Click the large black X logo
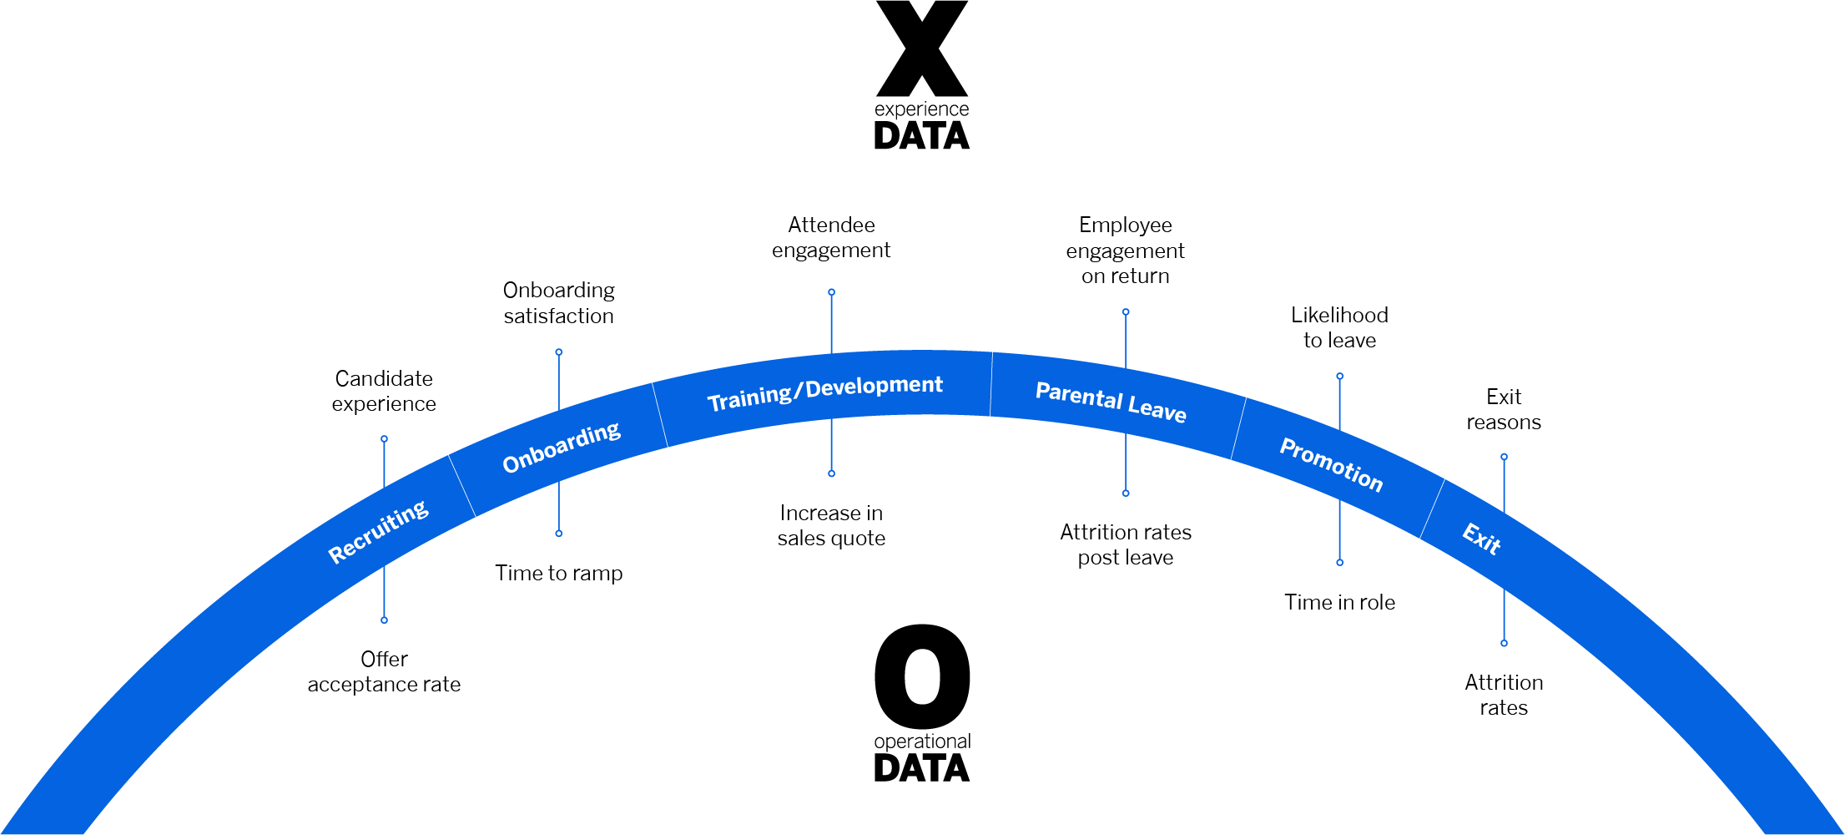pos(922,48)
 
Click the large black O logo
pos(922,676)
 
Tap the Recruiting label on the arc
pos(378,532)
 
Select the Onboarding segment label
pos(562,447)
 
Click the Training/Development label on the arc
pos(825,392)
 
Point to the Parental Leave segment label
pos(1111,402)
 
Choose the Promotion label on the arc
pos(1332,464)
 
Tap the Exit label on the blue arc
pos(1482,539)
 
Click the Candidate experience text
pos(384,391)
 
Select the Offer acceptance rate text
pos(384,671)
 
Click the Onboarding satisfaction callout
pos(559,302)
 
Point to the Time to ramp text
pos(559,573)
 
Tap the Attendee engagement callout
pos(831,237)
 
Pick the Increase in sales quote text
pos(831,525)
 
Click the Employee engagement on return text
pos(1126,250)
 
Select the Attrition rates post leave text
pos(1126,544)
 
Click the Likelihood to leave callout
pos(1340,327)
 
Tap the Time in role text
pos(1340,602)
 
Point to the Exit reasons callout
pos(1504,409)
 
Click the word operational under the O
pos(922,741)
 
